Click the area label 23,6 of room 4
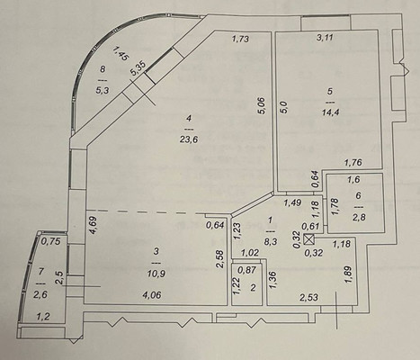tap(189, 139)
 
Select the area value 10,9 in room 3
tap(156, 274)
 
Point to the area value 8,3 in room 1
tap(271, 242)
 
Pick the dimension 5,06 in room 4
tap(263, 105)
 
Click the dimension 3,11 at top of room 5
tap(326, 38)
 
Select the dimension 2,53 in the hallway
tap(308, 298)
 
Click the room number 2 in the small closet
tap(253, 289)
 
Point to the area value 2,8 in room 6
tap(359, 218)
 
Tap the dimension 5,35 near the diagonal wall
tap(139, 69)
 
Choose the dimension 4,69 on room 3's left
tap(94, 223)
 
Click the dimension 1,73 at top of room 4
tap(240, 39)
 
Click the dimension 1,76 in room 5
tap(353, 163)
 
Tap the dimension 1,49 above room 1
tap(293, 203)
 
